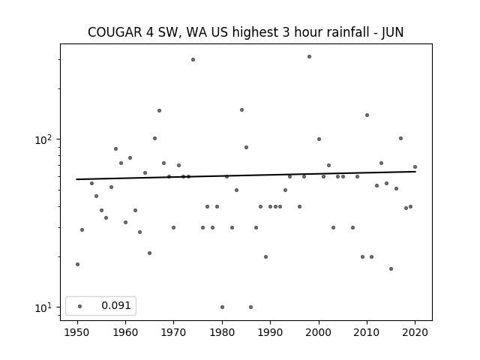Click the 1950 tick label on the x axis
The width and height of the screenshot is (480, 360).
point(77,332)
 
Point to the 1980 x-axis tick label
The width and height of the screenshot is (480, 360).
point(222,332)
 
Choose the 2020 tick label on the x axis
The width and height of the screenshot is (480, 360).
point(415,332)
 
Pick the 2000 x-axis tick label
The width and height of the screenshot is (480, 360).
point(319,332)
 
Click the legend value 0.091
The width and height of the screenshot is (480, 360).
point(116,305)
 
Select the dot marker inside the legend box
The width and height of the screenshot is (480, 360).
point(80,306)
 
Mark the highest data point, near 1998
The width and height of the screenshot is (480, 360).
point(309,57)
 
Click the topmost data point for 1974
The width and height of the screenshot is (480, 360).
point(193,60)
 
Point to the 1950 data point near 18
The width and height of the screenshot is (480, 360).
point(77,264)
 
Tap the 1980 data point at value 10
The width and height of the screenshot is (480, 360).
point(222,307)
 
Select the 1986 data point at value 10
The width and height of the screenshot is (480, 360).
point(250,307)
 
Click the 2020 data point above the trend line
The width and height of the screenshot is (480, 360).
point(415,166)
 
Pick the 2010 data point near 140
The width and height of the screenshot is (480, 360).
point(367,115)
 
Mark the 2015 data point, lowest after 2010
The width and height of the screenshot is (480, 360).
point(391,268)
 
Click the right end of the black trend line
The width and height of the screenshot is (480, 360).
point(415,172)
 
